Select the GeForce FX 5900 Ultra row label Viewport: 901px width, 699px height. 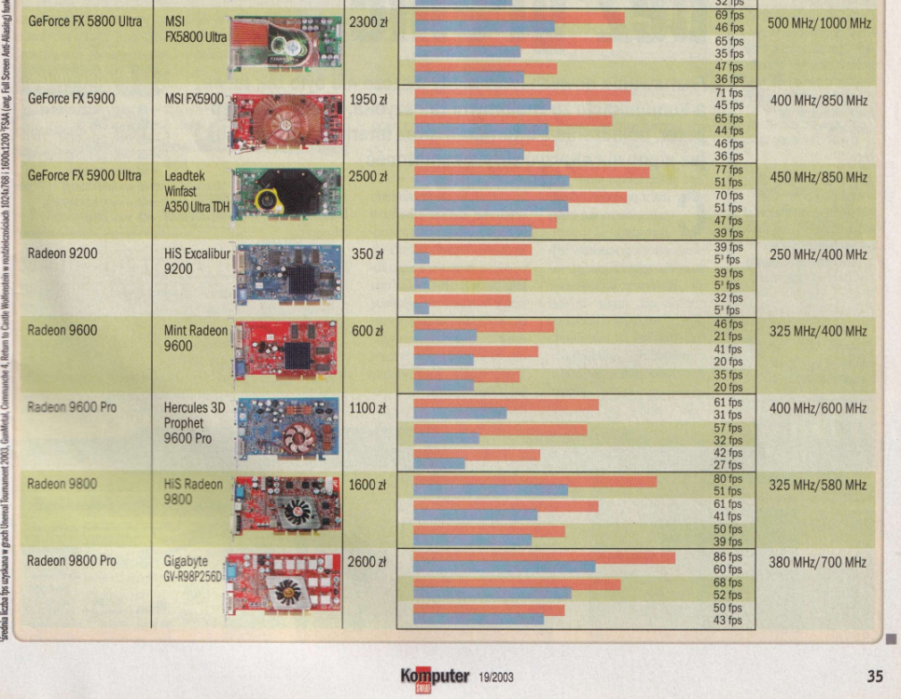coord(85,175)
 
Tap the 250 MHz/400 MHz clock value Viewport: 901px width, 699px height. coord(818,254)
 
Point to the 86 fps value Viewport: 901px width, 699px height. coord(728,556)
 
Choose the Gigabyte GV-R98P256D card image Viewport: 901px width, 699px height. coord(283,584)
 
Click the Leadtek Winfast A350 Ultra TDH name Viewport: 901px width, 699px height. coord(193,191)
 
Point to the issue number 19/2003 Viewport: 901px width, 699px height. coord(496,678)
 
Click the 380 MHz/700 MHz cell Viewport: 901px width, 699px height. coord(818,562)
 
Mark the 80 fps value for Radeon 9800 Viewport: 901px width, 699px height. coord(728,479)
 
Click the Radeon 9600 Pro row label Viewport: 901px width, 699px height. coord(72,407)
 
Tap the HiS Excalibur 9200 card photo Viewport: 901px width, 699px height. coord(288,275)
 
